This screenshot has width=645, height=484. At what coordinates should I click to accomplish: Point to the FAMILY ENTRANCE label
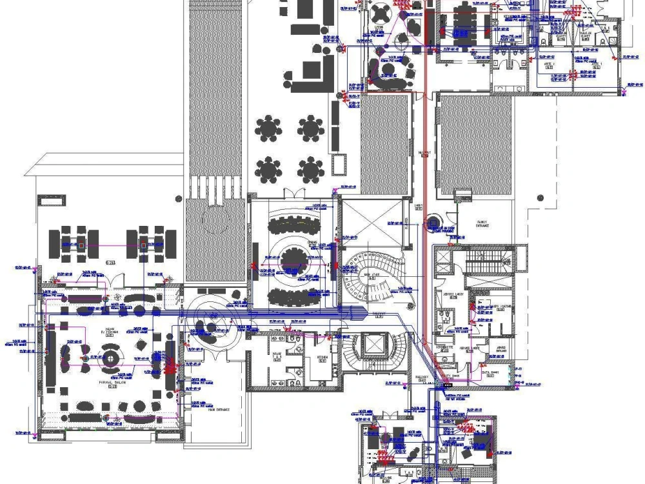[x=482, y=223]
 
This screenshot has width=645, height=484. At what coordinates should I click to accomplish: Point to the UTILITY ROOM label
[x=459, y=375]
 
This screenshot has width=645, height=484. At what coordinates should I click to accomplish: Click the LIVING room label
[x=379, y=27]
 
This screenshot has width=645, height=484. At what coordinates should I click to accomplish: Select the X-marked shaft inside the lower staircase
[x=373, y=345]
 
